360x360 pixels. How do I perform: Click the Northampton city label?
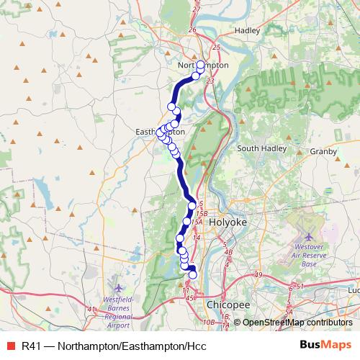point(202,65)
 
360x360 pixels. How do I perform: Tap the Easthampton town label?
point(160,132)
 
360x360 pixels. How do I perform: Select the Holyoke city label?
point(228,223)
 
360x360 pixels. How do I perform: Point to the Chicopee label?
point(227,305)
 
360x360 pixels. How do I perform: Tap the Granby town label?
point(323,152)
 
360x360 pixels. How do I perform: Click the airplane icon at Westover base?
point(309,237)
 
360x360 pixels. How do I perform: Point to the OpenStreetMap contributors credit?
point(297,322)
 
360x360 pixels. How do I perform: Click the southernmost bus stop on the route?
point(192,274)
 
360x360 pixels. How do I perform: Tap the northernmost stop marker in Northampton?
point(200,65)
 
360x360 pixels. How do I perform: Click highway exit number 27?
point(196,9)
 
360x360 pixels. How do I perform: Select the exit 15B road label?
point(202,214)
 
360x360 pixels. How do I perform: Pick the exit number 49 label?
point(258,275)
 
